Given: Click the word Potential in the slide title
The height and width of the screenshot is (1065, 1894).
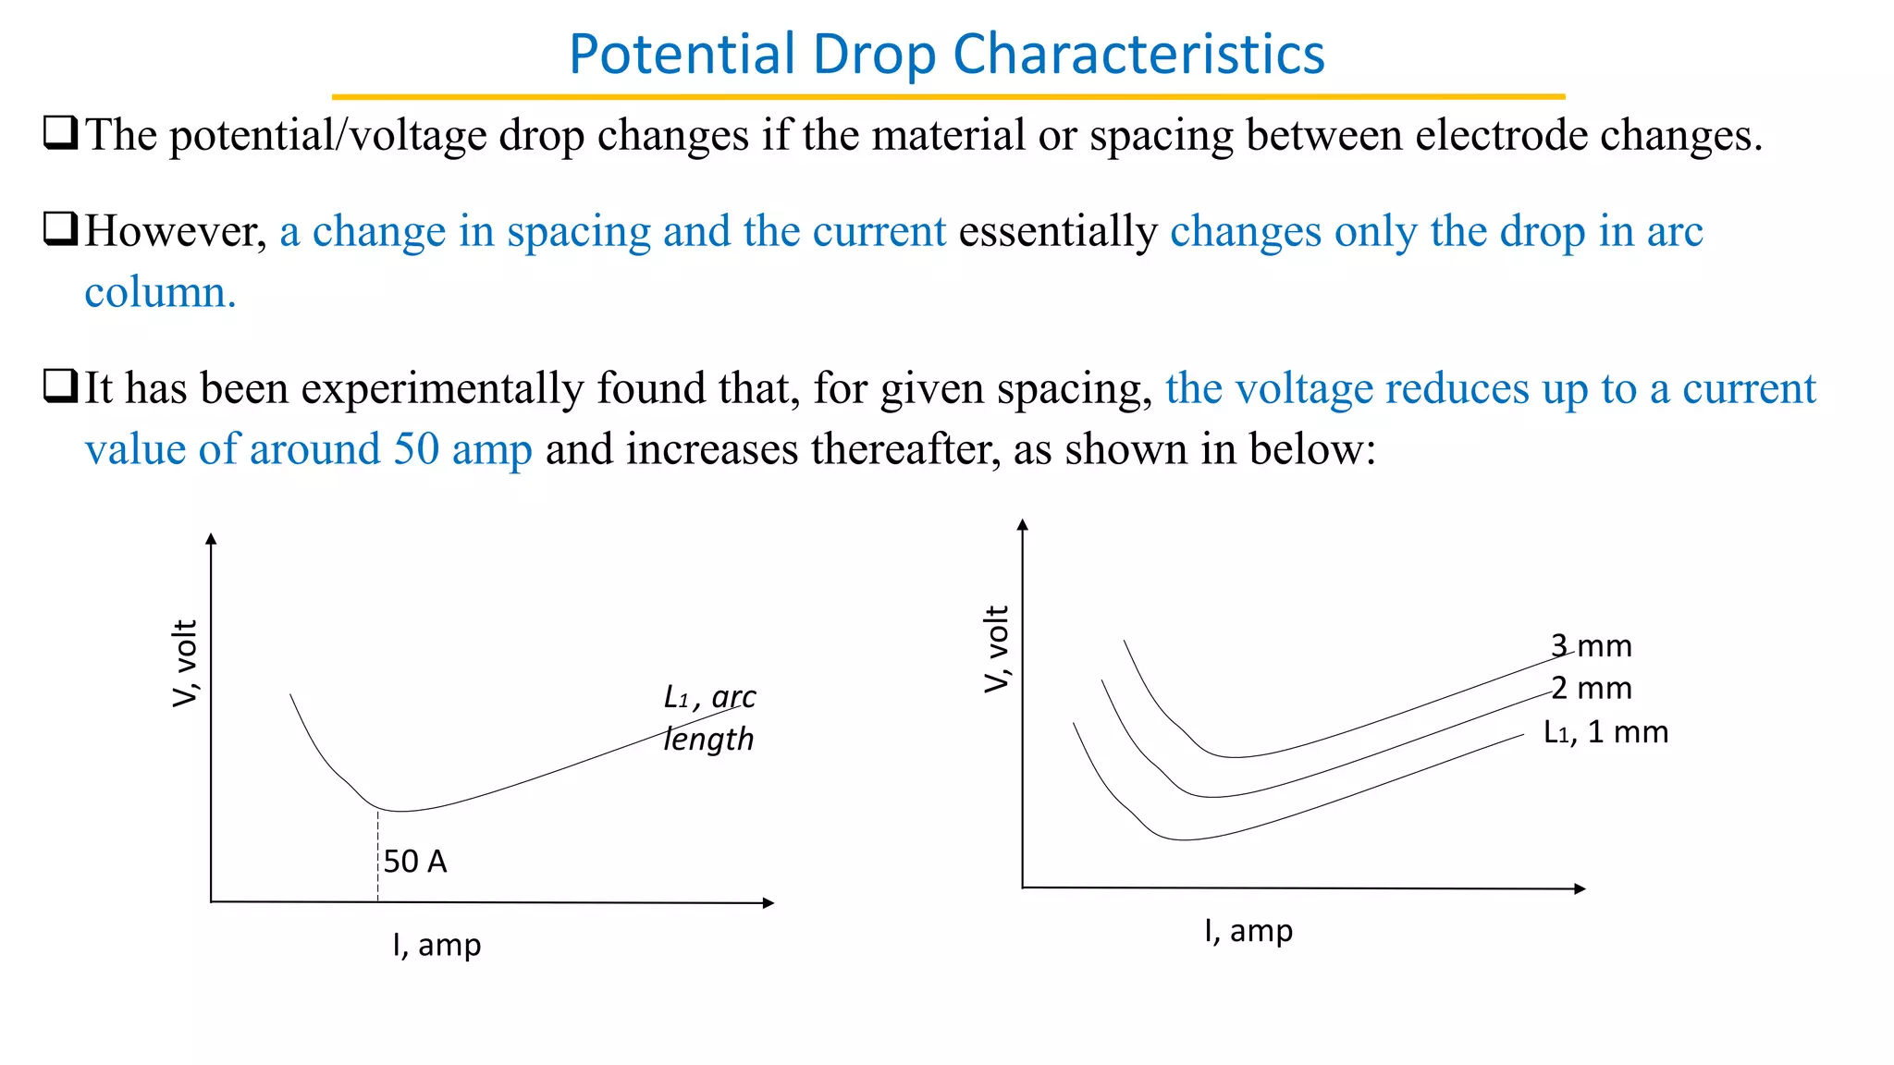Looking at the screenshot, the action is click(x=683, y=55).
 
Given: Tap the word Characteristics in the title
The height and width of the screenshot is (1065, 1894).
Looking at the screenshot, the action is click(x=1138, y=55).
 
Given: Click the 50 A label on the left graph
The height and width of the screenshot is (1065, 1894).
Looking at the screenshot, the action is click(x=415, y=862).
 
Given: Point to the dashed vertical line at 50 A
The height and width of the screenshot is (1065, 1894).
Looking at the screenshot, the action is click(x=377, y=855).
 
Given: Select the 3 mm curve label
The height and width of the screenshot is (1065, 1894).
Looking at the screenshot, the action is click(x=1592, y=645).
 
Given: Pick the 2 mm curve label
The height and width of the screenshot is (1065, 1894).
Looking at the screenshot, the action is click(x=1592, y=688).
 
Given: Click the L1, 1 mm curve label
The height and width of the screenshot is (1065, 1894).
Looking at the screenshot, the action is click(x=1606, y=732).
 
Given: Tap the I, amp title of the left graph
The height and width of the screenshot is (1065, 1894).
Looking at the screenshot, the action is click(x=437, y=945).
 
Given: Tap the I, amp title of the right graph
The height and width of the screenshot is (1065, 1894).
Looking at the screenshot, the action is click(x=1248, y=930).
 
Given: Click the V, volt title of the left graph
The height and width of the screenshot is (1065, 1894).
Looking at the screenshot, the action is click(x=186, y=663).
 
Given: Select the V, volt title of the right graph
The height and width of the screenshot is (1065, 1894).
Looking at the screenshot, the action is click(x=997, y=649).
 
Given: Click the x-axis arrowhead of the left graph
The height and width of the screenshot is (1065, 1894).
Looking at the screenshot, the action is click(x=769, y=902).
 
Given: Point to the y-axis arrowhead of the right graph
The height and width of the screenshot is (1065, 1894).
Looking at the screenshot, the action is click(x=1022, y=524).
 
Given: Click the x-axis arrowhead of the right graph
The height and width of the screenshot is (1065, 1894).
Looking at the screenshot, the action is click(x=1580, y=888).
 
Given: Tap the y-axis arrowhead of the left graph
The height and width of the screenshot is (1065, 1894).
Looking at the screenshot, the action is click(x=211, y=539).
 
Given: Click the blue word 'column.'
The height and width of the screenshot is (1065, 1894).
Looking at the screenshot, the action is click(x=161, y=292).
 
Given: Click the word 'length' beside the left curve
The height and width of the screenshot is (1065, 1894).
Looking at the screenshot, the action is click(x=708, y=740).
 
